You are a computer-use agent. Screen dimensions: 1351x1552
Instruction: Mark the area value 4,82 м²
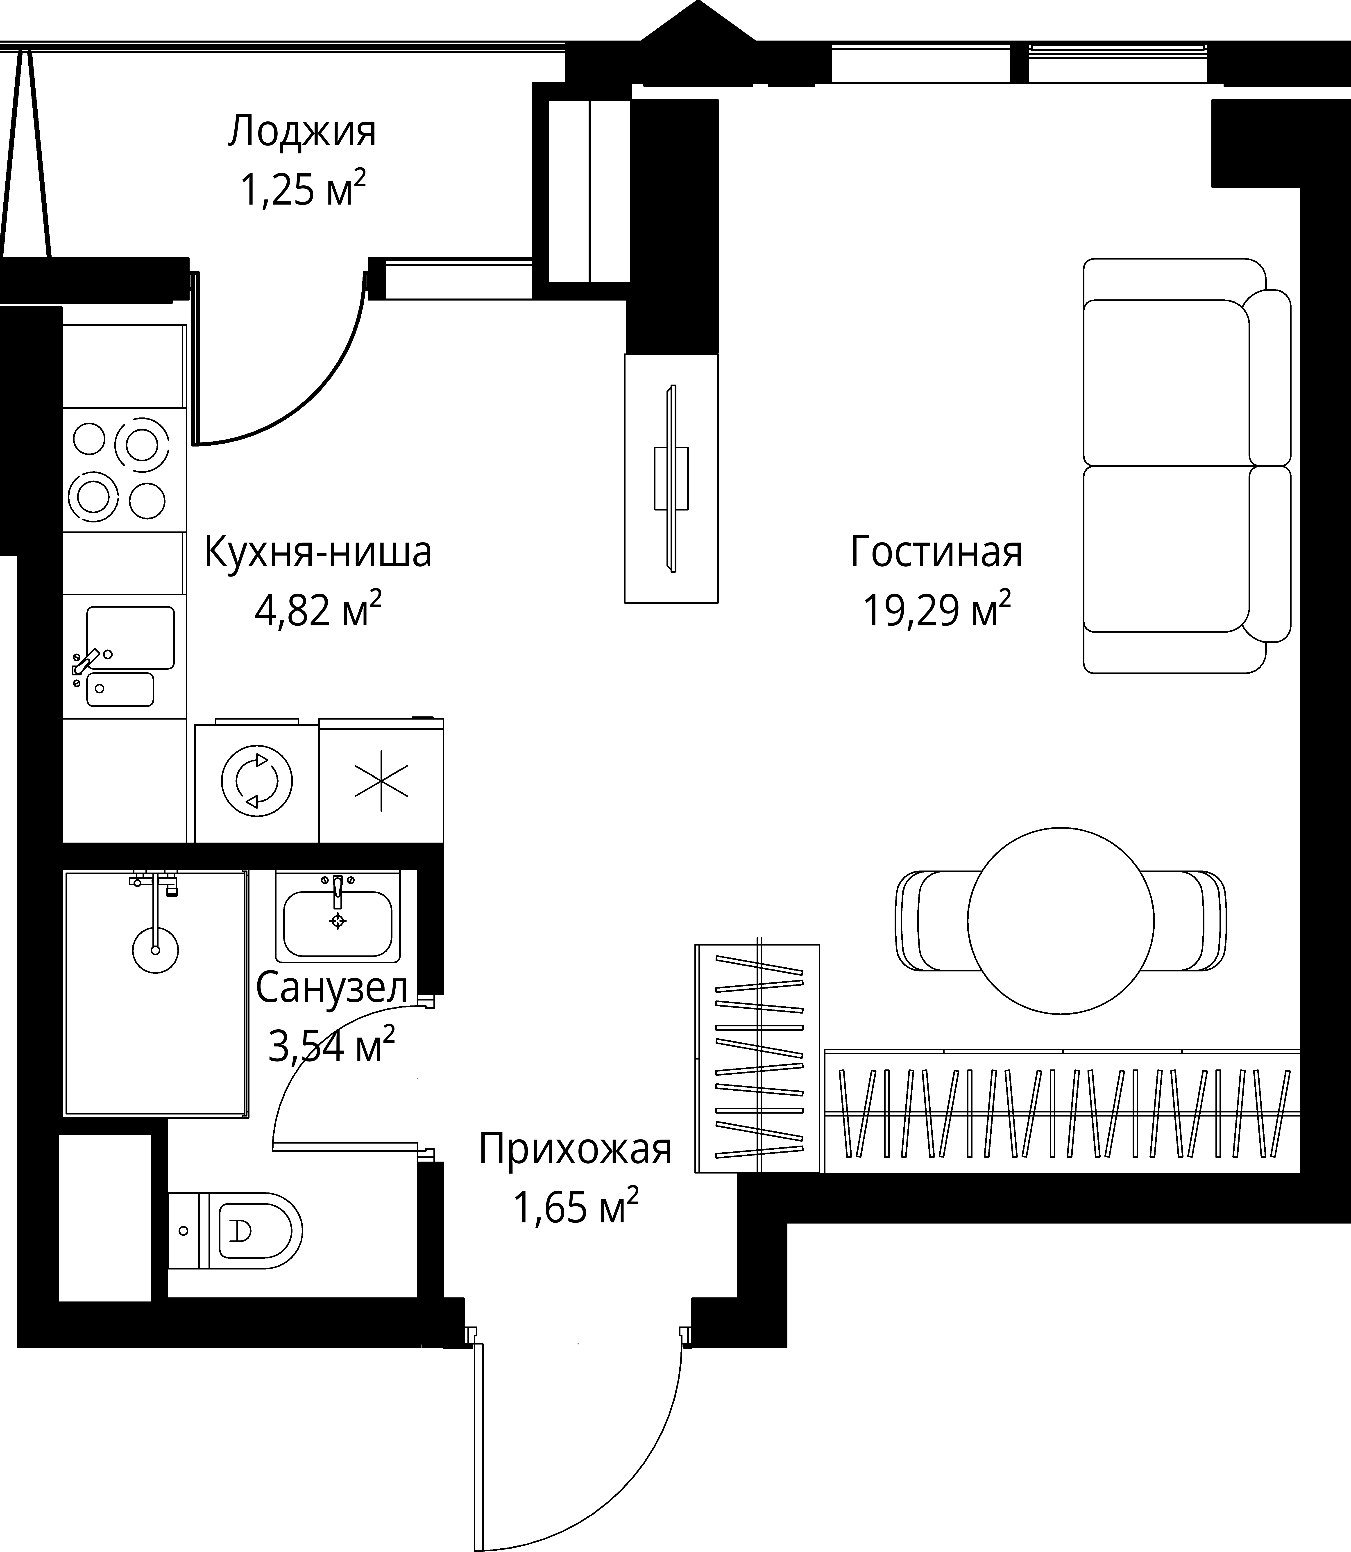(x=318, y=609)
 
